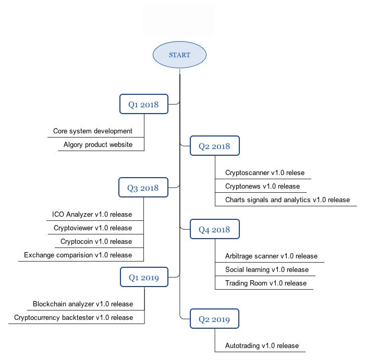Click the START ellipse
179,55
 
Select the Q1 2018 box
144,104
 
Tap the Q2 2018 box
215,146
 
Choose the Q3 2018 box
143,188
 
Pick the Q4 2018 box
215,229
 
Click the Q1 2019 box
144,277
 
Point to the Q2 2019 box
214,319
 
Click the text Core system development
93,131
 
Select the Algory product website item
98,145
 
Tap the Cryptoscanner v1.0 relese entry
265,173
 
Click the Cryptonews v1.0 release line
263,187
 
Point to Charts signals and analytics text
268,200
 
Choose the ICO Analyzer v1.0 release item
92,215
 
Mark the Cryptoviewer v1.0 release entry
93,228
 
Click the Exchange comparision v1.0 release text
78,255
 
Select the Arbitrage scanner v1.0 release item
272,256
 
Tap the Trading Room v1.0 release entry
266,283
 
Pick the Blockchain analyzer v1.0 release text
83,304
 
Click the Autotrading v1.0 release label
262,345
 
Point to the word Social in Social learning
234,269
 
